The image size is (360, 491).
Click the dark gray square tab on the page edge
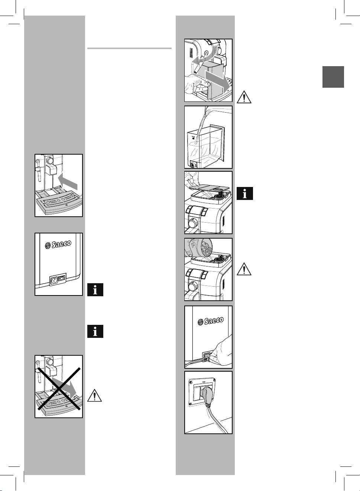[x=333, y=77]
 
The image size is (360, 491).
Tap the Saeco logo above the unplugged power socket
[x=58, y=245]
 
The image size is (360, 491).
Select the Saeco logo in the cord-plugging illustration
[x=211, y=321]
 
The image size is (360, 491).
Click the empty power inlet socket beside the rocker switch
[x=54, y=278]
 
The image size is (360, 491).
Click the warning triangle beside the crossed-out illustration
[x=95, y=395]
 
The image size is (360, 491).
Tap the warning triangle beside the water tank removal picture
[x=244, y=97]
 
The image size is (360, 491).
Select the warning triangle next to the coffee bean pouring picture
[x=244, y=269]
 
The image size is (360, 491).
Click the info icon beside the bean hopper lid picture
[x=245, y=193]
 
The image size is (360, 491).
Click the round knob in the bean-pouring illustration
[x=193, y=286]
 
